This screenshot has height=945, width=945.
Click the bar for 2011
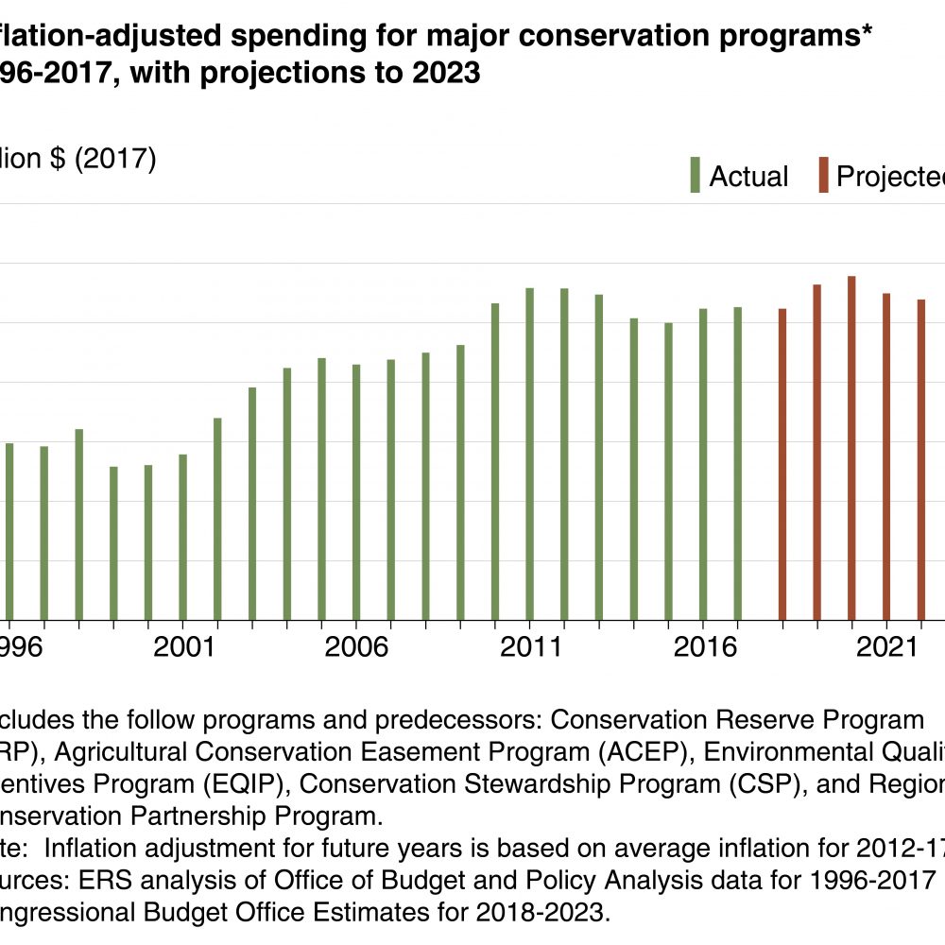pyautogui.click(x=530, y=454)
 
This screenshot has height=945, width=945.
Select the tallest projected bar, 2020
pyautogui.click(x=851, y=448)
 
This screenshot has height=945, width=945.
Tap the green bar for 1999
pyautogui.click(x=113, y=543)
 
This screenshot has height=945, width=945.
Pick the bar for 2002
pyautogui.click(x=217, y=519)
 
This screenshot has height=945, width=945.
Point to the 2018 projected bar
pyautogui.click(x=782, y=464)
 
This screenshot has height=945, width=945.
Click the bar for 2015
pyautogui.click(x=668, y=472)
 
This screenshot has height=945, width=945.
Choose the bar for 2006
pyautogui.click(x=356, y=492)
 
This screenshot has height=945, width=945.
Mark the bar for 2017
pyautogui.click(x=738, y=463)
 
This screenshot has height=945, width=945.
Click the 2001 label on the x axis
pyautogui.click(x=183, y=648)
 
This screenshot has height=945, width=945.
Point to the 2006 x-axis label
pyautogui.click(x=356, y=648)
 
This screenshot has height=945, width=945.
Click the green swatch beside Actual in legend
pyautogui.click(x=695, y=176)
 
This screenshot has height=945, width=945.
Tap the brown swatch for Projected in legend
pyautogui.click(x=824, y=176)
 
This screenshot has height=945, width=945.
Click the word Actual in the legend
pyautogui.click(x=748, y=177)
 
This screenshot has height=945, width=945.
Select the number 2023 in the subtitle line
pyautogui.click(x=445, y=74)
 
